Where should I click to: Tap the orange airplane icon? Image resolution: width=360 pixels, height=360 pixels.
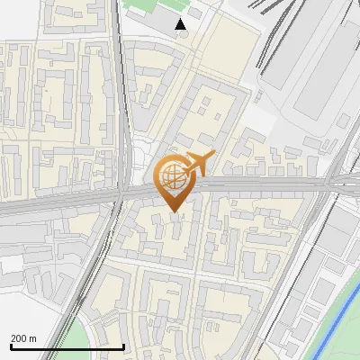click(x=196, y=163)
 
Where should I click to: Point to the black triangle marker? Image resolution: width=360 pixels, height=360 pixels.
click(x=181, y=24)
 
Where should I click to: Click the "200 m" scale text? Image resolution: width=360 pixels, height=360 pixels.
click(x=23, y=337)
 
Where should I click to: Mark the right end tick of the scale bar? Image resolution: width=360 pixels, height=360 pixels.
click(x=123, y=346)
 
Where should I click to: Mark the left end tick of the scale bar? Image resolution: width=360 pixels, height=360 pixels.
click(x=11, y=346)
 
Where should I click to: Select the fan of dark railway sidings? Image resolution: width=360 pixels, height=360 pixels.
click(x=270, y=36)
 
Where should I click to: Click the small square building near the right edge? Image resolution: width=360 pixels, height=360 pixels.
click(x=343, y=121)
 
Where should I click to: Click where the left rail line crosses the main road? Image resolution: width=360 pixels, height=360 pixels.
click(x=119, y=194)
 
